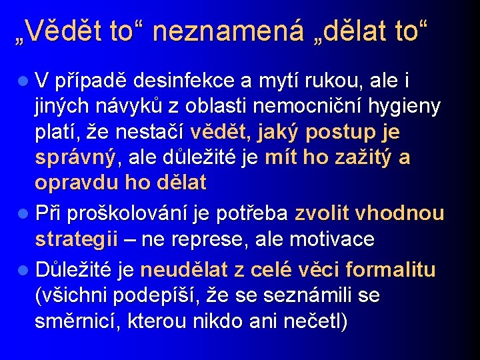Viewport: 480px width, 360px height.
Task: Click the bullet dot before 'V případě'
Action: pos(22,82)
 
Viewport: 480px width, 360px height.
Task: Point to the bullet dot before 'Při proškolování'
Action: pos(22,214)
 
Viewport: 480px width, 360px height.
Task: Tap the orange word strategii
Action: pos(77,239)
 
